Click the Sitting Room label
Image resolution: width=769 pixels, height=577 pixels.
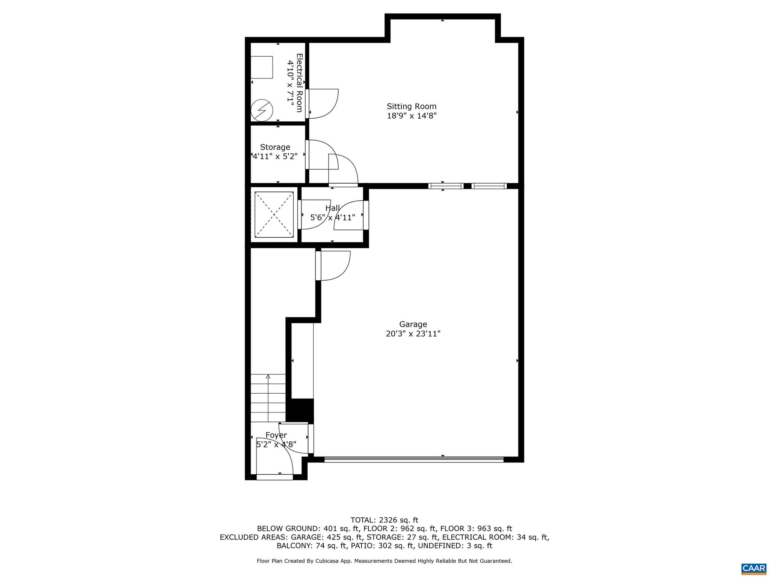(412, 106)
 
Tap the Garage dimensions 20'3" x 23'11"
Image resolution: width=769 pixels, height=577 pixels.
(413, 334)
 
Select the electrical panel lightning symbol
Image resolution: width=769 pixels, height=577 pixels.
(262, 110)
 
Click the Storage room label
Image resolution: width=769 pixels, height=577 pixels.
(275, 147)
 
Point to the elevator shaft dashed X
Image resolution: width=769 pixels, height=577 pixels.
(274, 214)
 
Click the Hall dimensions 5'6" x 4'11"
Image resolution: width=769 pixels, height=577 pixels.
(332, 217)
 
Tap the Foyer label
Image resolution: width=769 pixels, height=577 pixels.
(276, 435)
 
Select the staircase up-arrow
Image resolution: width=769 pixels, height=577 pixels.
(268, 377)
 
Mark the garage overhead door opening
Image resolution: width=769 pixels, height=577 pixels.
(413, 459)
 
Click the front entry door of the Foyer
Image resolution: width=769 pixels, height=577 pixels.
(274, 477)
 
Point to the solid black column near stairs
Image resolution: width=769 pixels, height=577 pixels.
(300, 410)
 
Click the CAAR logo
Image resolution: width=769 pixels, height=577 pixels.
(754, 568)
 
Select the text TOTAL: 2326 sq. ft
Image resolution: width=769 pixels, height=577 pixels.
(384, 520)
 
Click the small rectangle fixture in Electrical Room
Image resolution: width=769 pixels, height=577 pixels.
(262, 67)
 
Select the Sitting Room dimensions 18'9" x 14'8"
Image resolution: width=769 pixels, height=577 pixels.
(412, 116)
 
